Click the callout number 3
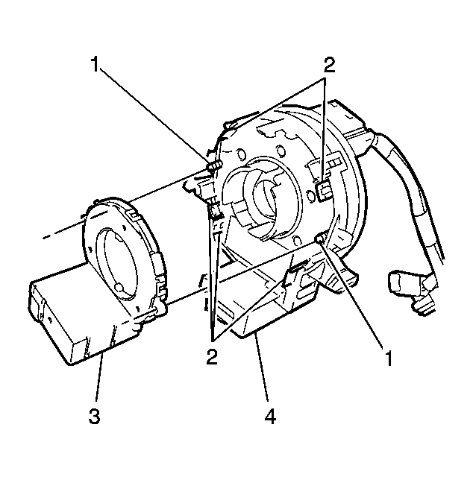(x=94, y=417)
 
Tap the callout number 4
(x=270, y=417)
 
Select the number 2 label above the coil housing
(x=329, y=65)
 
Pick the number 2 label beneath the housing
(x=212, y=356)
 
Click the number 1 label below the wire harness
(x=389, y=359)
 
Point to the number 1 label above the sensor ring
(x=95, y=64)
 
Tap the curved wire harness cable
(x=407, y=190)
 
